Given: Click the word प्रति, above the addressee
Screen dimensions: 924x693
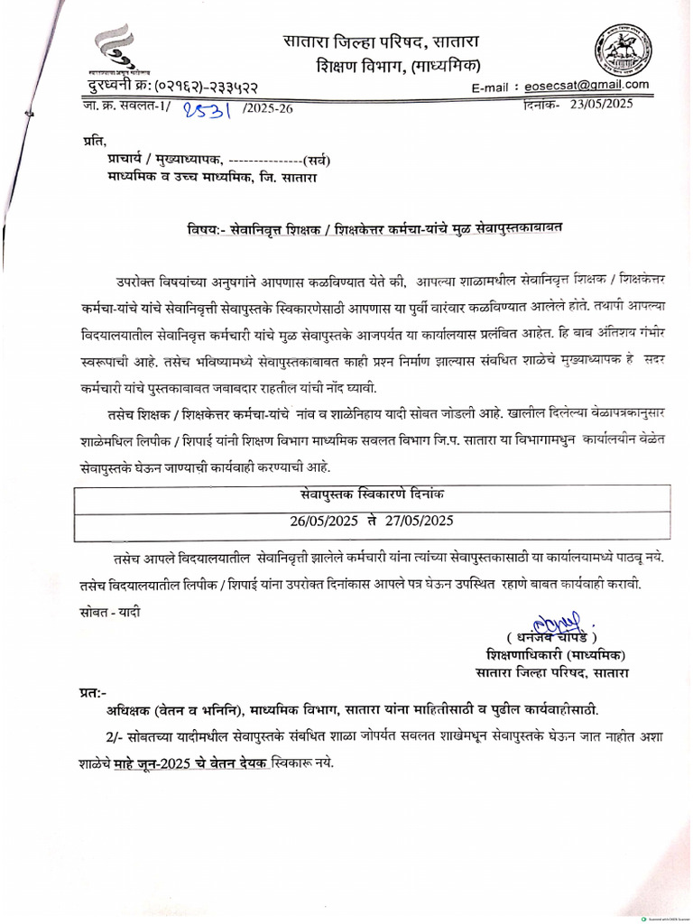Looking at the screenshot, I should (92, 142).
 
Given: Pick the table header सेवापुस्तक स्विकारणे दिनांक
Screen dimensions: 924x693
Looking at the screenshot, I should (373, 495).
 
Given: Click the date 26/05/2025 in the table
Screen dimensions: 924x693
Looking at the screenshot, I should (324, 522).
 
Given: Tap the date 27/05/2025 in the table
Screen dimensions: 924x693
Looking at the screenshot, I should (420, 522).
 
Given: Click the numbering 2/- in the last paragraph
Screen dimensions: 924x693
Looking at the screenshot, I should (115, 737).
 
